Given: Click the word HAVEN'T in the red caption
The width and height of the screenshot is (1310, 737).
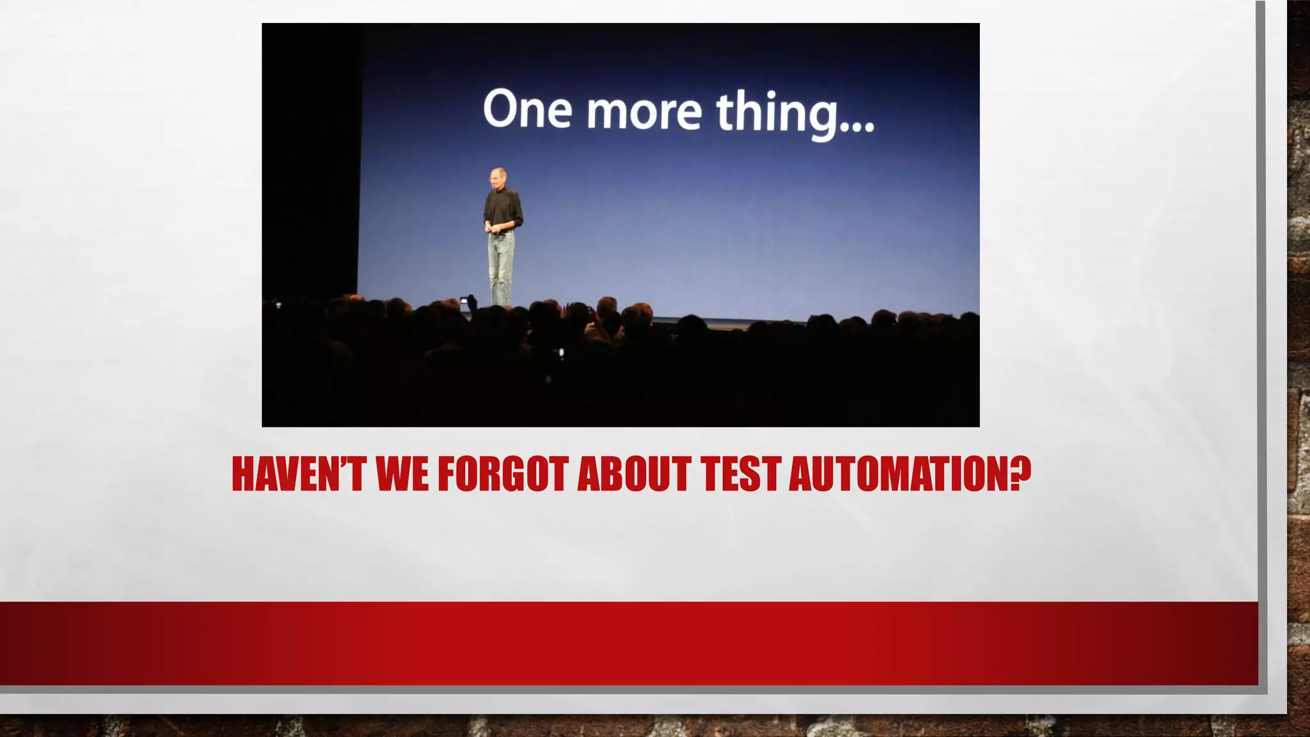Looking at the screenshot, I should click(298, 474).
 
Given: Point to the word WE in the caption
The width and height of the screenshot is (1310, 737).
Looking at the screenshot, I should click(402, 474).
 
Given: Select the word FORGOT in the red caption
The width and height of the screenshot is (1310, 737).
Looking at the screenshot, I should click(503, 474).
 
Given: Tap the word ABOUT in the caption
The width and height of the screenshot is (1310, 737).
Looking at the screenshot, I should click(634, 474).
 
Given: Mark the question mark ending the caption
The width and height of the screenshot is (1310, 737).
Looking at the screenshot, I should click(1021, 473).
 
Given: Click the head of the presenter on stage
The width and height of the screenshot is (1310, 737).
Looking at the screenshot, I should click(497, 176).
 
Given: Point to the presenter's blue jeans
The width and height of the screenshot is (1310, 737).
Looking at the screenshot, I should click(501, 265).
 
